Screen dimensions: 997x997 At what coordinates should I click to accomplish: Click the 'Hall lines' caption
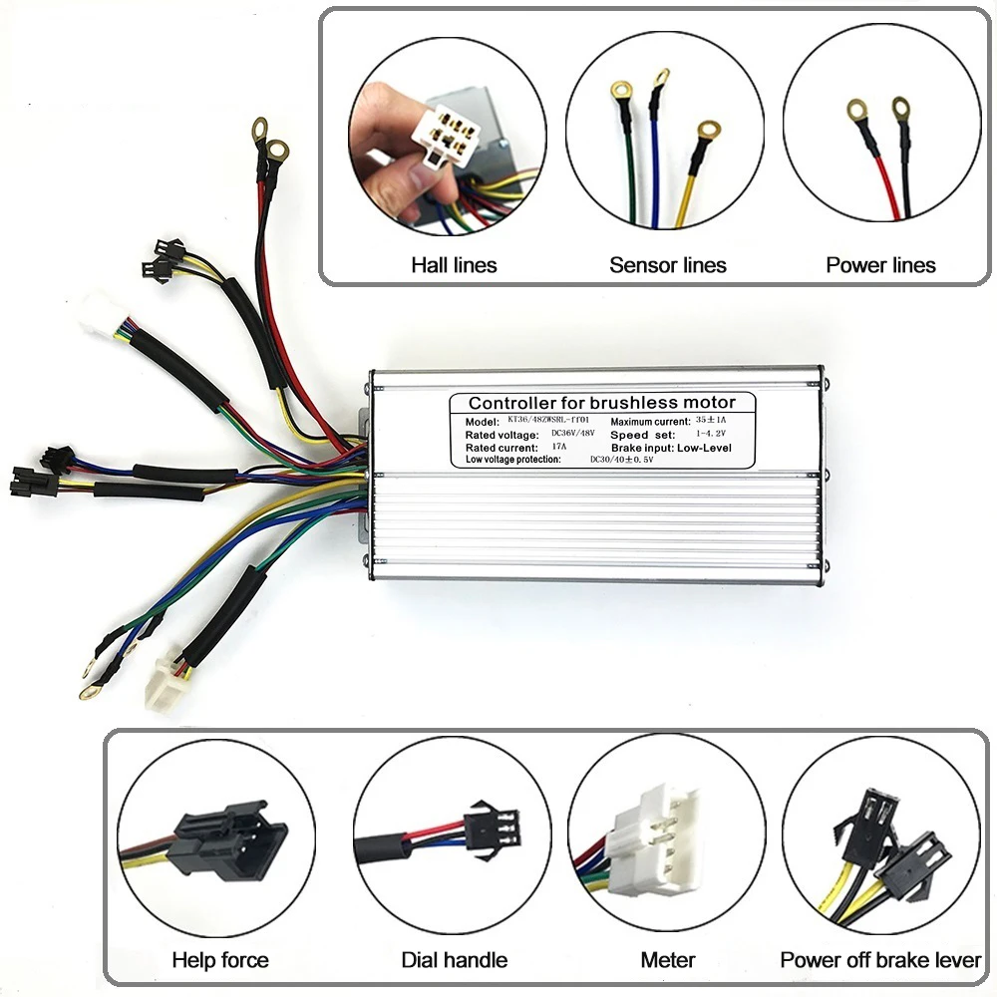point(454,265)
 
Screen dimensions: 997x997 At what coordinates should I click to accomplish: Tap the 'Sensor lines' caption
point(668,265)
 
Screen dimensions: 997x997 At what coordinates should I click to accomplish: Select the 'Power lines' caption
point(881,265)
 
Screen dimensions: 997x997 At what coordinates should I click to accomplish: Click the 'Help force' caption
point(220,960)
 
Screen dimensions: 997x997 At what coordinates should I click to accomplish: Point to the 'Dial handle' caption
point(455,960)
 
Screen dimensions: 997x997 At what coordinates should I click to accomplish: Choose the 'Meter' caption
point(668,960)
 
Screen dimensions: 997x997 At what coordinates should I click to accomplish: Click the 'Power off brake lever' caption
point(880,960)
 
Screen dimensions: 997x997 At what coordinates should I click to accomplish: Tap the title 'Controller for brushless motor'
point(602,403)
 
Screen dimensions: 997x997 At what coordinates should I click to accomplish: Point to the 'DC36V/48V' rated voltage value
point(574,435)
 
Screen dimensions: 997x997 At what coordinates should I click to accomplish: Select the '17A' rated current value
point(559,448)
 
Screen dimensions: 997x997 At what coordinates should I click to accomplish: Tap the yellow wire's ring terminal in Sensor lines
point(709,131)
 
